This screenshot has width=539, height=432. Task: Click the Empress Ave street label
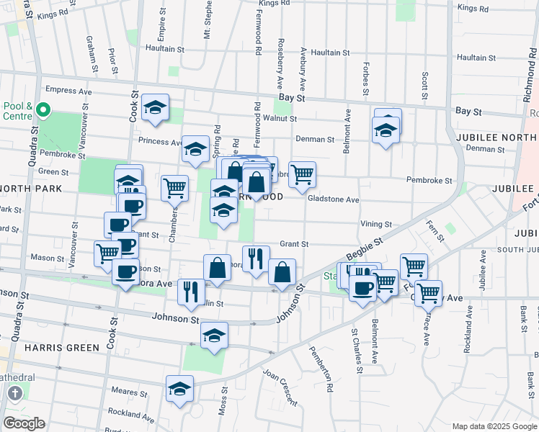[x=68, y=91]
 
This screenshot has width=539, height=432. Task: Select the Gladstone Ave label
[x=333, y=199]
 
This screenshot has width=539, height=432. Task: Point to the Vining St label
[x=376, y=225]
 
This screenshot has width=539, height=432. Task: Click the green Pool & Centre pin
[x=43, y=110]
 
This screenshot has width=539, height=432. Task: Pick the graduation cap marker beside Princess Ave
[x=195, y=149]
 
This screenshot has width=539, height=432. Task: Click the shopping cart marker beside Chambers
[x=175, y=189]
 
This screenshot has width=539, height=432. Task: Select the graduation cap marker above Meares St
[x=179, y=390]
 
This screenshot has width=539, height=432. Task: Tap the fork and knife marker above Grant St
[x=256, y=258]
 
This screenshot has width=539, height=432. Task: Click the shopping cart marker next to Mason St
[x=107, y=252]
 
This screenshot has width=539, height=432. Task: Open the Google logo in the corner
[x=24, y=423]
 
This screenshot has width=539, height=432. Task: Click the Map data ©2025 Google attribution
[x=494, y=426]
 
